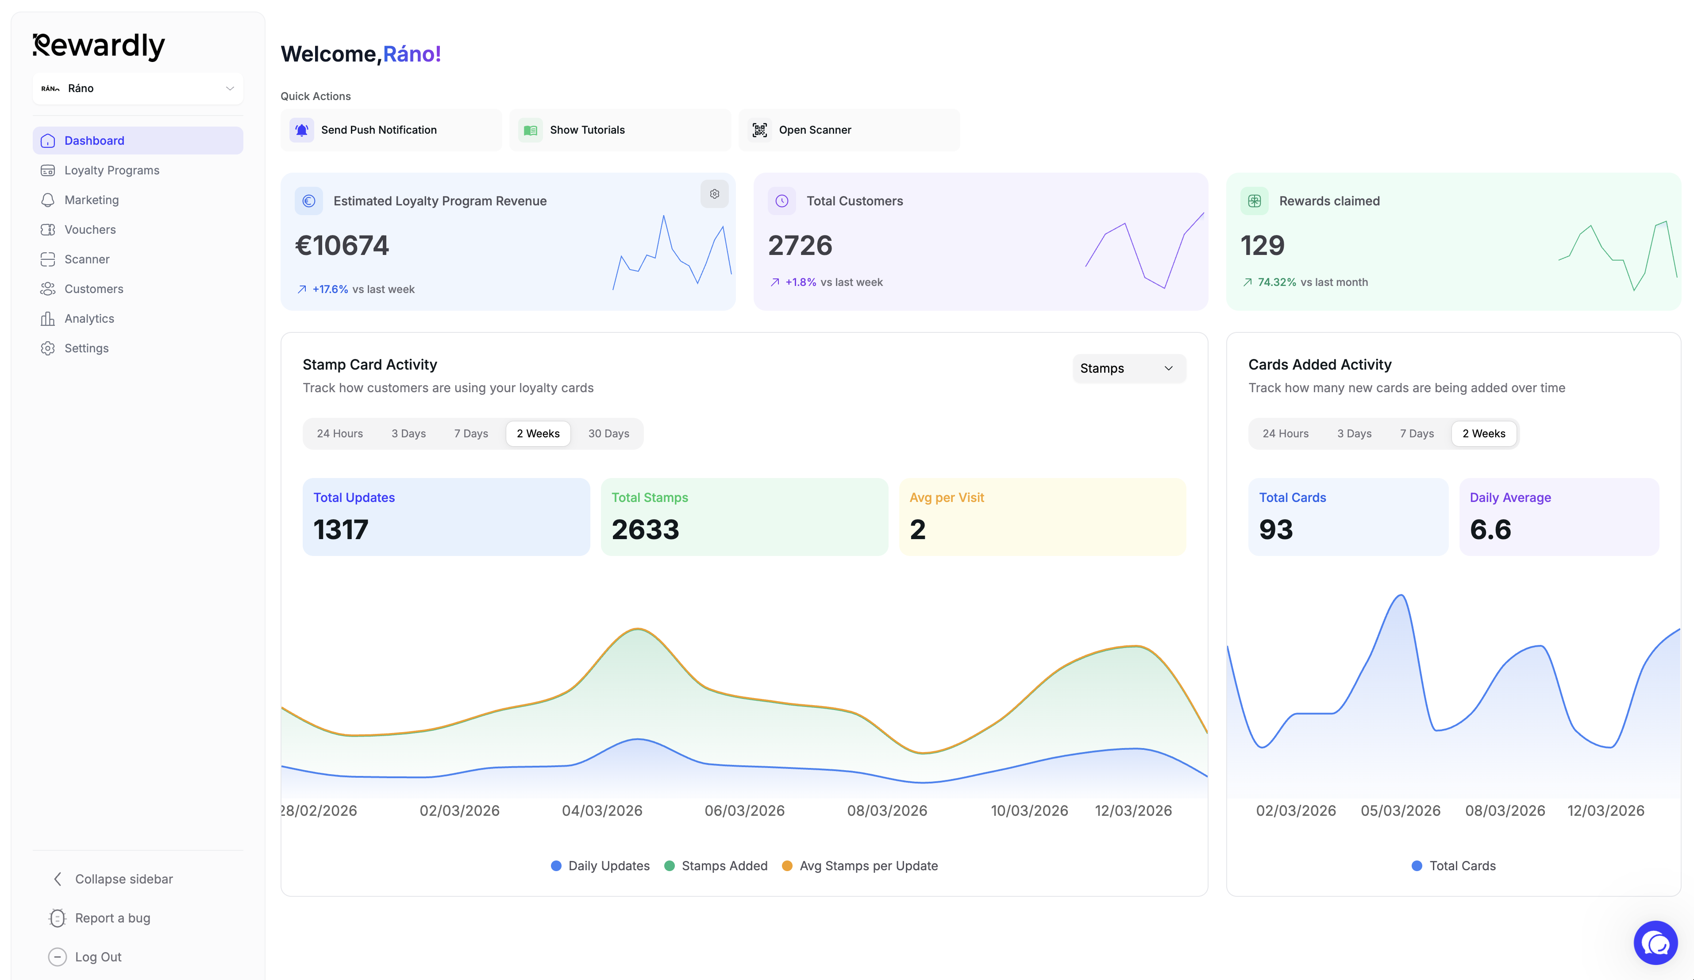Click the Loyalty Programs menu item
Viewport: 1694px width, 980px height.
pyautogui.click(x=112, y=170)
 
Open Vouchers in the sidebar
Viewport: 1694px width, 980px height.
pyautogui.click(x=90, y=229)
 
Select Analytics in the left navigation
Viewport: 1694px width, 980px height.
pyautogui.click(x=89, y=318)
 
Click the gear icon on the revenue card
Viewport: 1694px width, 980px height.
pyautogui.click(x=714, y=194)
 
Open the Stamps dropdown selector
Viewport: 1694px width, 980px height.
pyautogui.click(x=1128, y=368)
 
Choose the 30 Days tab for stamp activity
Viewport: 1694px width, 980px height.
pyautogui.click(x=608, y=433)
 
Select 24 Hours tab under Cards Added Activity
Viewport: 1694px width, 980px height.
pyautogui.click(x=1285, y=433)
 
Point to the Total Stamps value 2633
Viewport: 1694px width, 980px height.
pyautogui.click(x=645, y=529)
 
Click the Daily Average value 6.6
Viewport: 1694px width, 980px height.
pyautogui.click(x=1490, y=529)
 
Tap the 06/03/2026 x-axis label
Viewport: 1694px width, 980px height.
pyautogui.click(x=744, y=810)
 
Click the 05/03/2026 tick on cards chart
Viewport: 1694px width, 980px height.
pyautogui.click(x=1400, y=810)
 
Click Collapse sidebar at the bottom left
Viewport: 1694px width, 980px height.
pyautogui.click(x=124, y=879)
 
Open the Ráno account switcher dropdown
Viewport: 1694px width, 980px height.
pyautogui.click(x=138, y=88)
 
